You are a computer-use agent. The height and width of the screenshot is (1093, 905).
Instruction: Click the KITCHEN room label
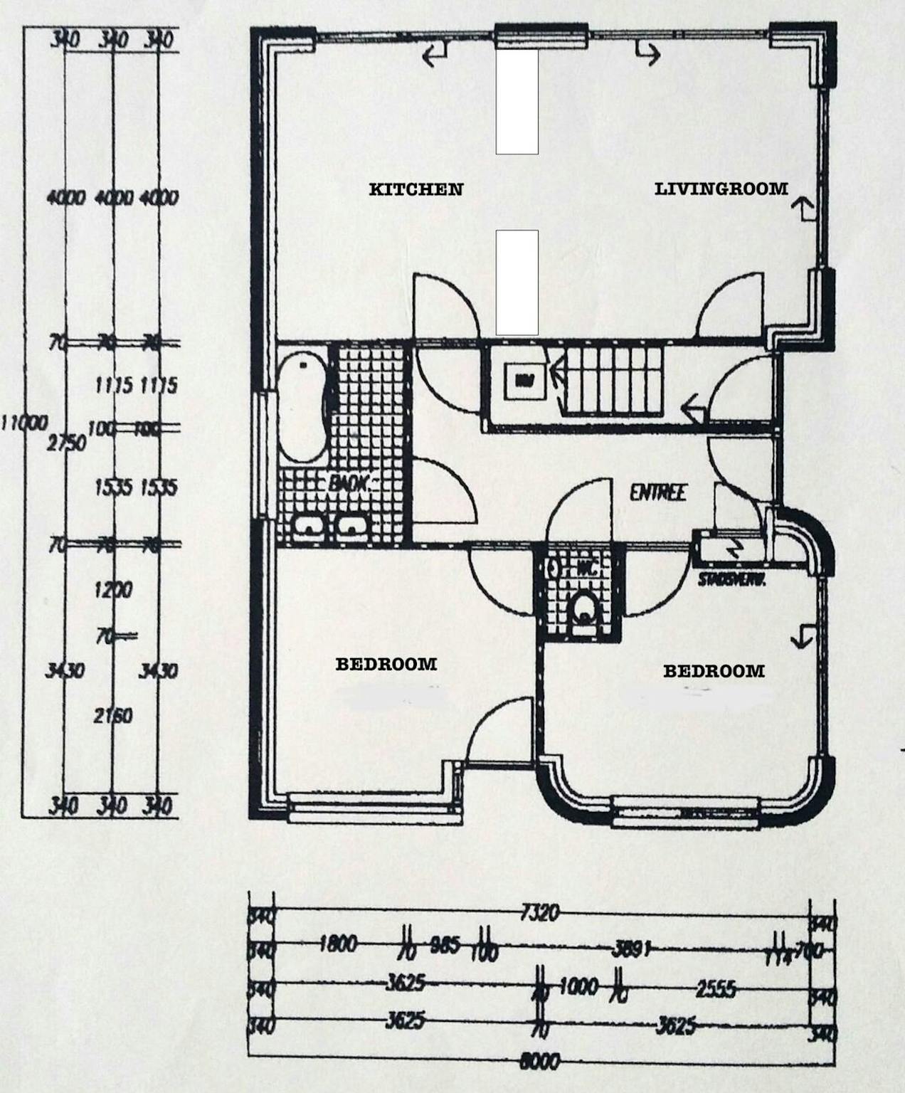(x=416, y=189)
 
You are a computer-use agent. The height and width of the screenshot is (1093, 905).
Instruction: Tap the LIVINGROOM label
(x=721, y=189)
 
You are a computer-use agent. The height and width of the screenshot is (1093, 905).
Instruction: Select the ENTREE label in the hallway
(x=657, y=492)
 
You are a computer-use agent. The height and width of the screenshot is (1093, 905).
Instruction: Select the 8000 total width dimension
(x=540, y=1061)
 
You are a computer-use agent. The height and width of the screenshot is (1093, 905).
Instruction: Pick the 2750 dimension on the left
(x=65, y=443)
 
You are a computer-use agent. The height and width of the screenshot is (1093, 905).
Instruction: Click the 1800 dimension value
(x=338, y=945)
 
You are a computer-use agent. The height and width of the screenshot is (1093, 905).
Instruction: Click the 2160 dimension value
(x=113, y=716)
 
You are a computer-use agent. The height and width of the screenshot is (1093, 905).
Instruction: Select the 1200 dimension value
(x=113, y=590)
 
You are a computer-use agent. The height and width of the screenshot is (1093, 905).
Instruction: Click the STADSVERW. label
(x=731, y=580)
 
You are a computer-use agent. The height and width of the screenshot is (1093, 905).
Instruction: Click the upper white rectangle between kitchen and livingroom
(x=517, y=101)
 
